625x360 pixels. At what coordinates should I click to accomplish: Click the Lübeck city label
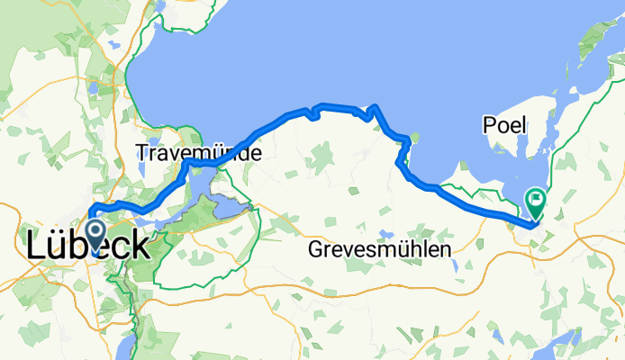point(89,246)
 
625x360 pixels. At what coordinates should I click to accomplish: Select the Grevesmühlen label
point(377,249)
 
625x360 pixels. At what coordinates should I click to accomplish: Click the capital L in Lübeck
point(37,246)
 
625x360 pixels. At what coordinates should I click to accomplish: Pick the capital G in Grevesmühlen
point(315,249)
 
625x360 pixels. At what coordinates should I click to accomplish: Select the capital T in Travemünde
point(143,154)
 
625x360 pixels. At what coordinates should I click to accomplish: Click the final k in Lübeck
point(140,246)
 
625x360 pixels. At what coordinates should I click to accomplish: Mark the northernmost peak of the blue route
point(373,106)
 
